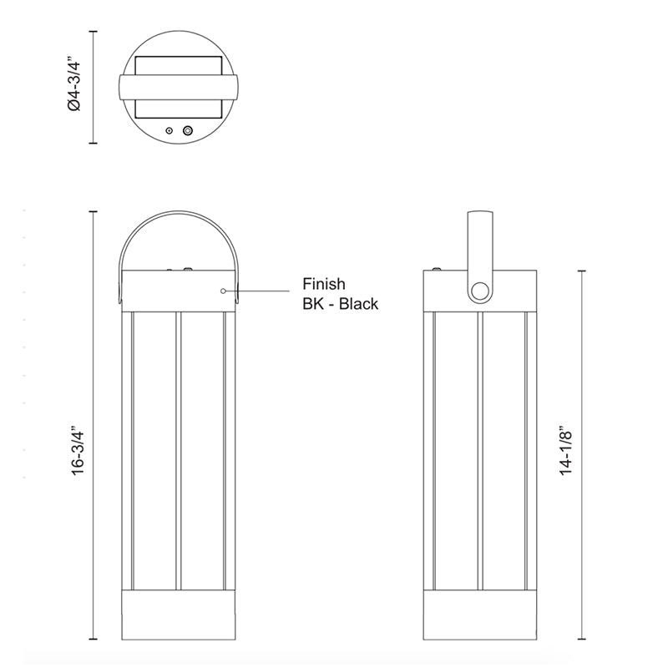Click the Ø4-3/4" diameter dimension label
pyautogui.click(x=73, y=86)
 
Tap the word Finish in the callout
pyautogui.click(x=324, y=284)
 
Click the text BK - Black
pyautogui.click(x=341, y=304)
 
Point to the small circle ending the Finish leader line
pyautogui.click(x=223, y=291)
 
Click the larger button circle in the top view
pyautogui.click(x=187, y=130)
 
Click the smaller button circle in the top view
pyautogui.click(x=170, y=130)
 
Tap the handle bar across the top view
pyautogui.click(x=179, y=88)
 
